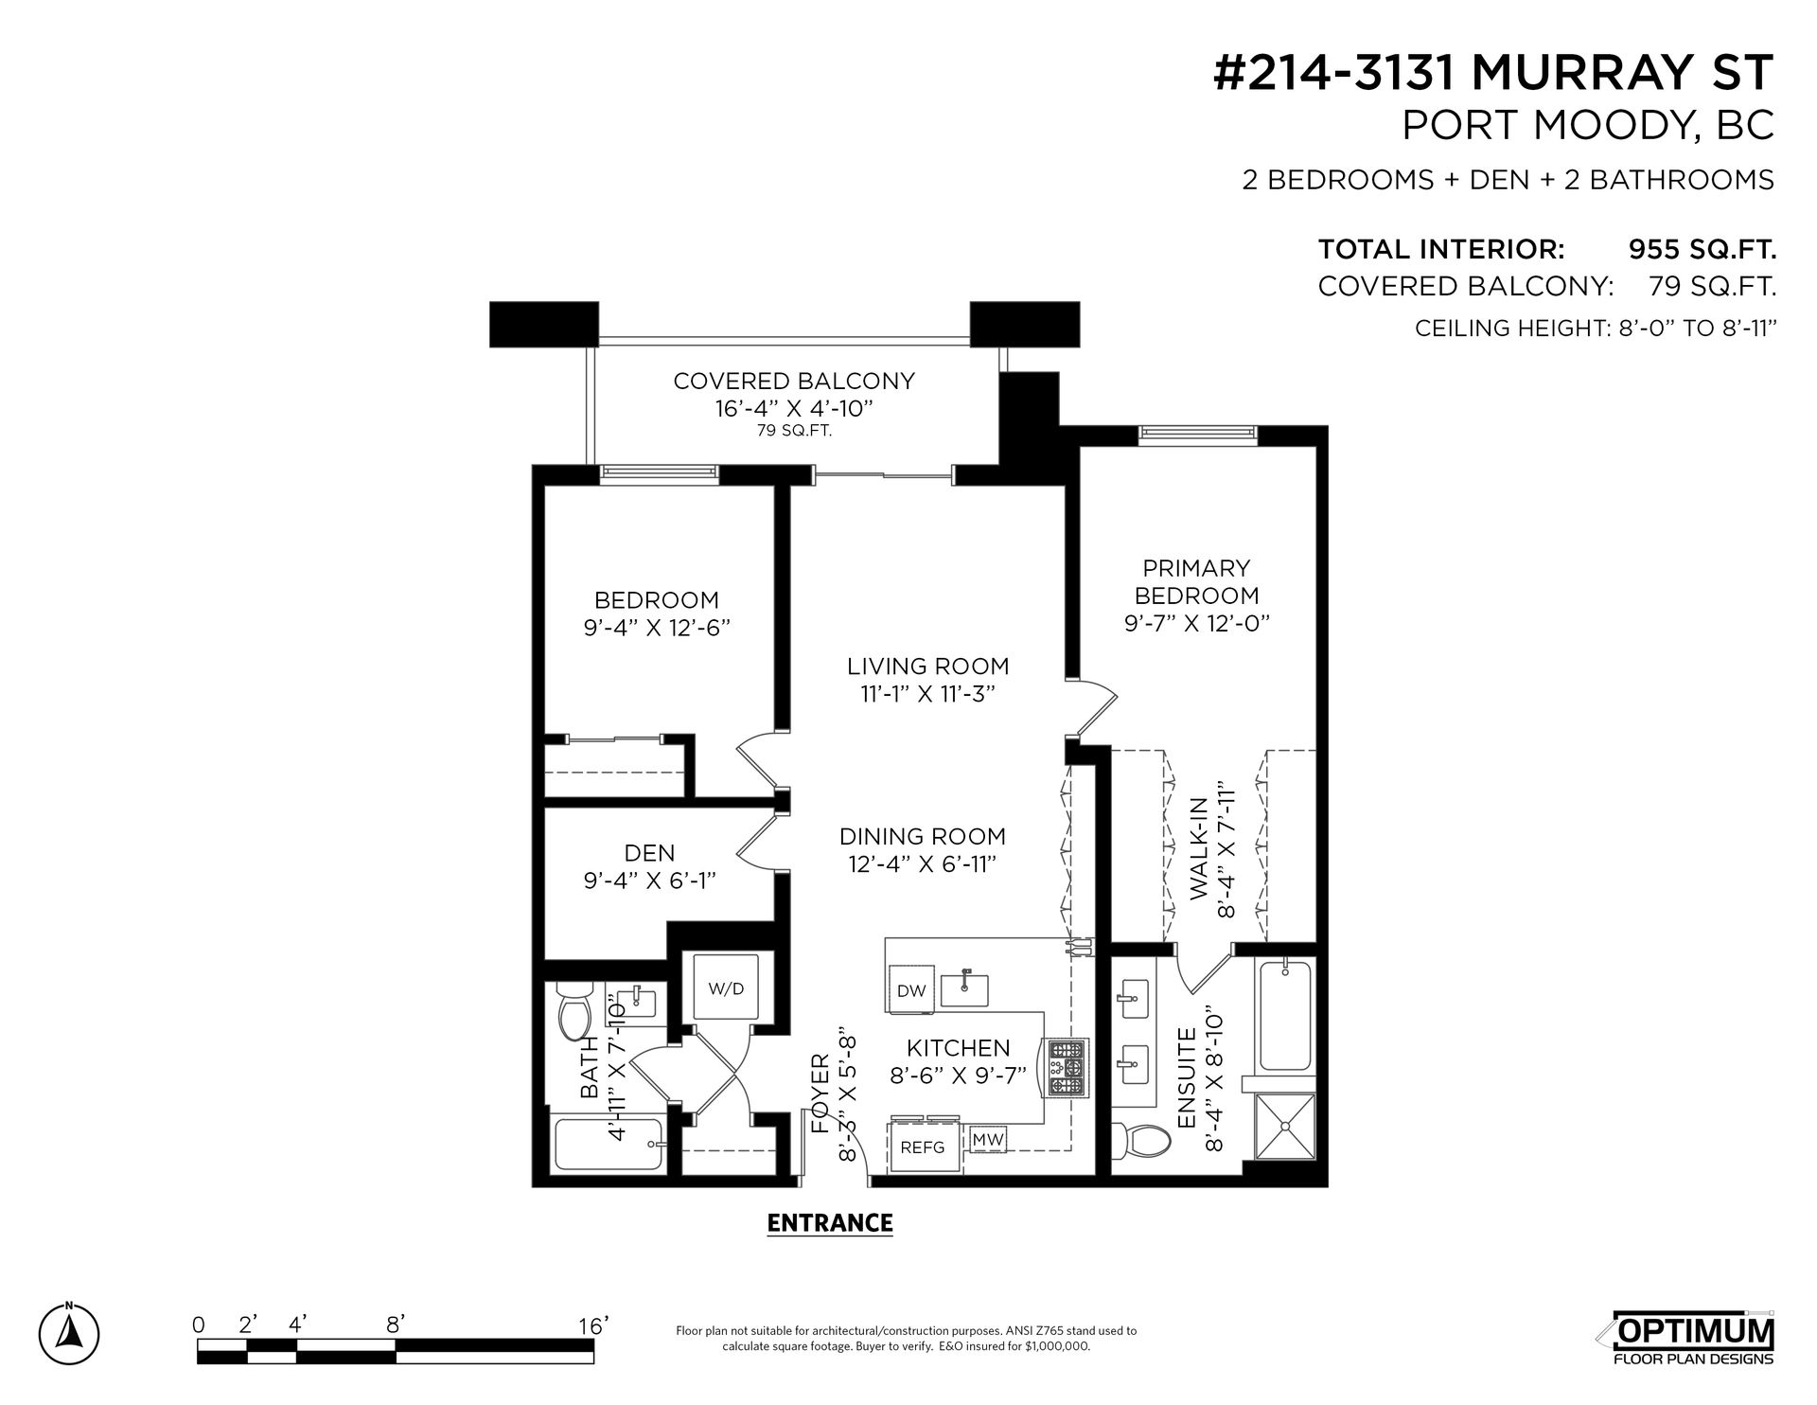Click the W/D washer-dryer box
(x=727, y=987)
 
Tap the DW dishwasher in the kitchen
(x=910, y=990)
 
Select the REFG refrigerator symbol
(x=923, y=1147)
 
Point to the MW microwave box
(x=988, y=1139)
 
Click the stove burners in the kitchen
(x=1068, y=1068)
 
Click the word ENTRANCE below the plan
(x=830, y=1223)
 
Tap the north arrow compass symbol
(x=71, y=1333)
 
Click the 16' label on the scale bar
(x=592, y=1325)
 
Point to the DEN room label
(x=650, y=853)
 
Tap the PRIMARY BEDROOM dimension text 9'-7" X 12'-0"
(x=1197, y=623)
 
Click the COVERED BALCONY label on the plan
(x=794, y=381)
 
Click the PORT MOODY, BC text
(x=1588, y=127)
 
